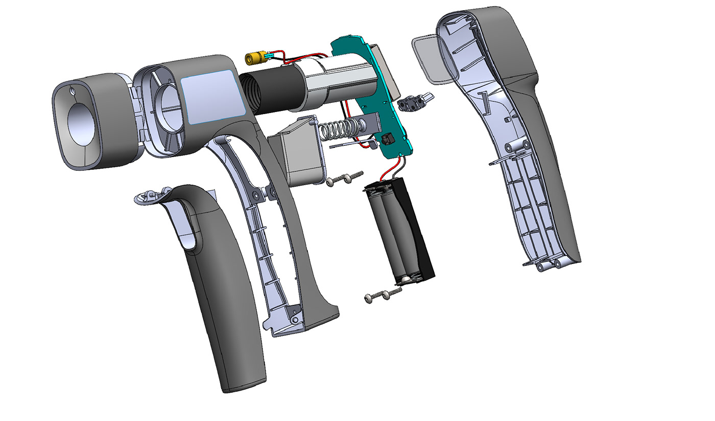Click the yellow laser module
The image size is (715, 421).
(x=254, y=58)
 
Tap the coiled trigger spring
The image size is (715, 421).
(x=340, y=131)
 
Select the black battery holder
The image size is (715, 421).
(x=398, y=230)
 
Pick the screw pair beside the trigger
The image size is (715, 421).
(x=345, y=178)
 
